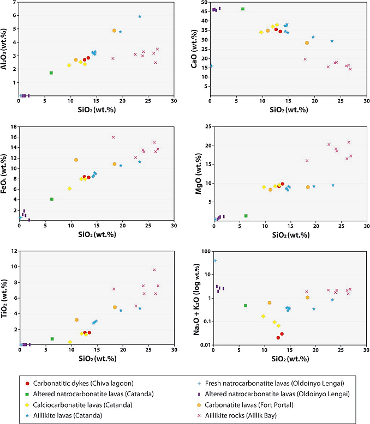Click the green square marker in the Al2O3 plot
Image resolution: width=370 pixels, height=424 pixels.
[51, 72]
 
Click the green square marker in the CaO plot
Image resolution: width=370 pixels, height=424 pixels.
[243, 9]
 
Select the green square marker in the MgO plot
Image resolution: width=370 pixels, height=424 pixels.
[246, 216]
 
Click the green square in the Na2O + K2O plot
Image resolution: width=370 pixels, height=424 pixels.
[246, 306]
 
